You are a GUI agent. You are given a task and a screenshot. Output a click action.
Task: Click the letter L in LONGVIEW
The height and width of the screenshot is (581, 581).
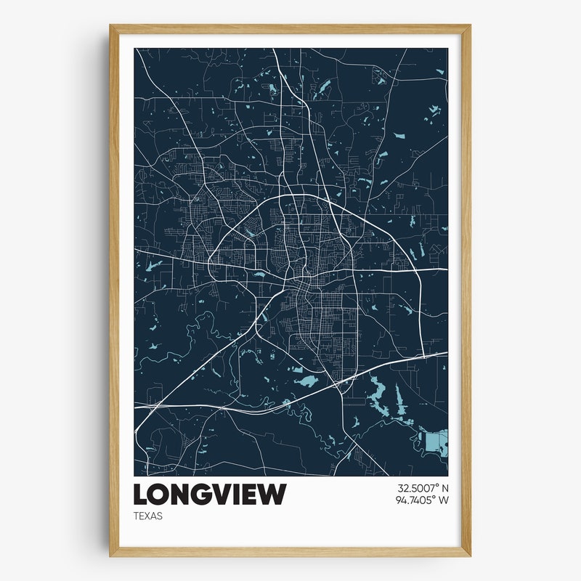[x=141, y=495]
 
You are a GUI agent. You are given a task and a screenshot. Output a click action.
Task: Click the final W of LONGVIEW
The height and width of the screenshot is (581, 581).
[x=273, y=495]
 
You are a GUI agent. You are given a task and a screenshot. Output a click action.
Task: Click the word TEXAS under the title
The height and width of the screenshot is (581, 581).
[x=148, y=516]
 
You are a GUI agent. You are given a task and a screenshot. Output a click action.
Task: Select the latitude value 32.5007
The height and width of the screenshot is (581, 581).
[x=415, y=489]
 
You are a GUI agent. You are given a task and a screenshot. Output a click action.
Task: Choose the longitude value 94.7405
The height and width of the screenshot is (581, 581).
[x=414, y=500]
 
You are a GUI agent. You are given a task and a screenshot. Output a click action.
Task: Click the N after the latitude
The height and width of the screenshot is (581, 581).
[x=445, y=489]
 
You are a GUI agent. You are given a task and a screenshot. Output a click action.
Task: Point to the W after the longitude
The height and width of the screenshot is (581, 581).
[x=444, y=500]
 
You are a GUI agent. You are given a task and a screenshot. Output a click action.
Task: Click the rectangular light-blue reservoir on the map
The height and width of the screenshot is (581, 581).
[x=437, y=442]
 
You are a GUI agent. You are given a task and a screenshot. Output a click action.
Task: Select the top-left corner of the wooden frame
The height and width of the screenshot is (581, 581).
[x=111, y=27]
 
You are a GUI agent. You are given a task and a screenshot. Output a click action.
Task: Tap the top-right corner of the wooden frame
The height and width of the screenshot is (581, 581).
[x=469, y=27]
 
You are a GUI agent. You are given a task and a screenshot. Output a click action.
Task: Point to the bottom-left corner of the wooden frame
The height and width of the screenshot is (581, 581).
[x=111, y=556]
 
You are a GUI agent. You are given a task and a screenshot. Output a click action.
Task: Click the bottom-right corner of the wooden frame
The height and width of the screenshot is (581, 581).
[x=469, y=556]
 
